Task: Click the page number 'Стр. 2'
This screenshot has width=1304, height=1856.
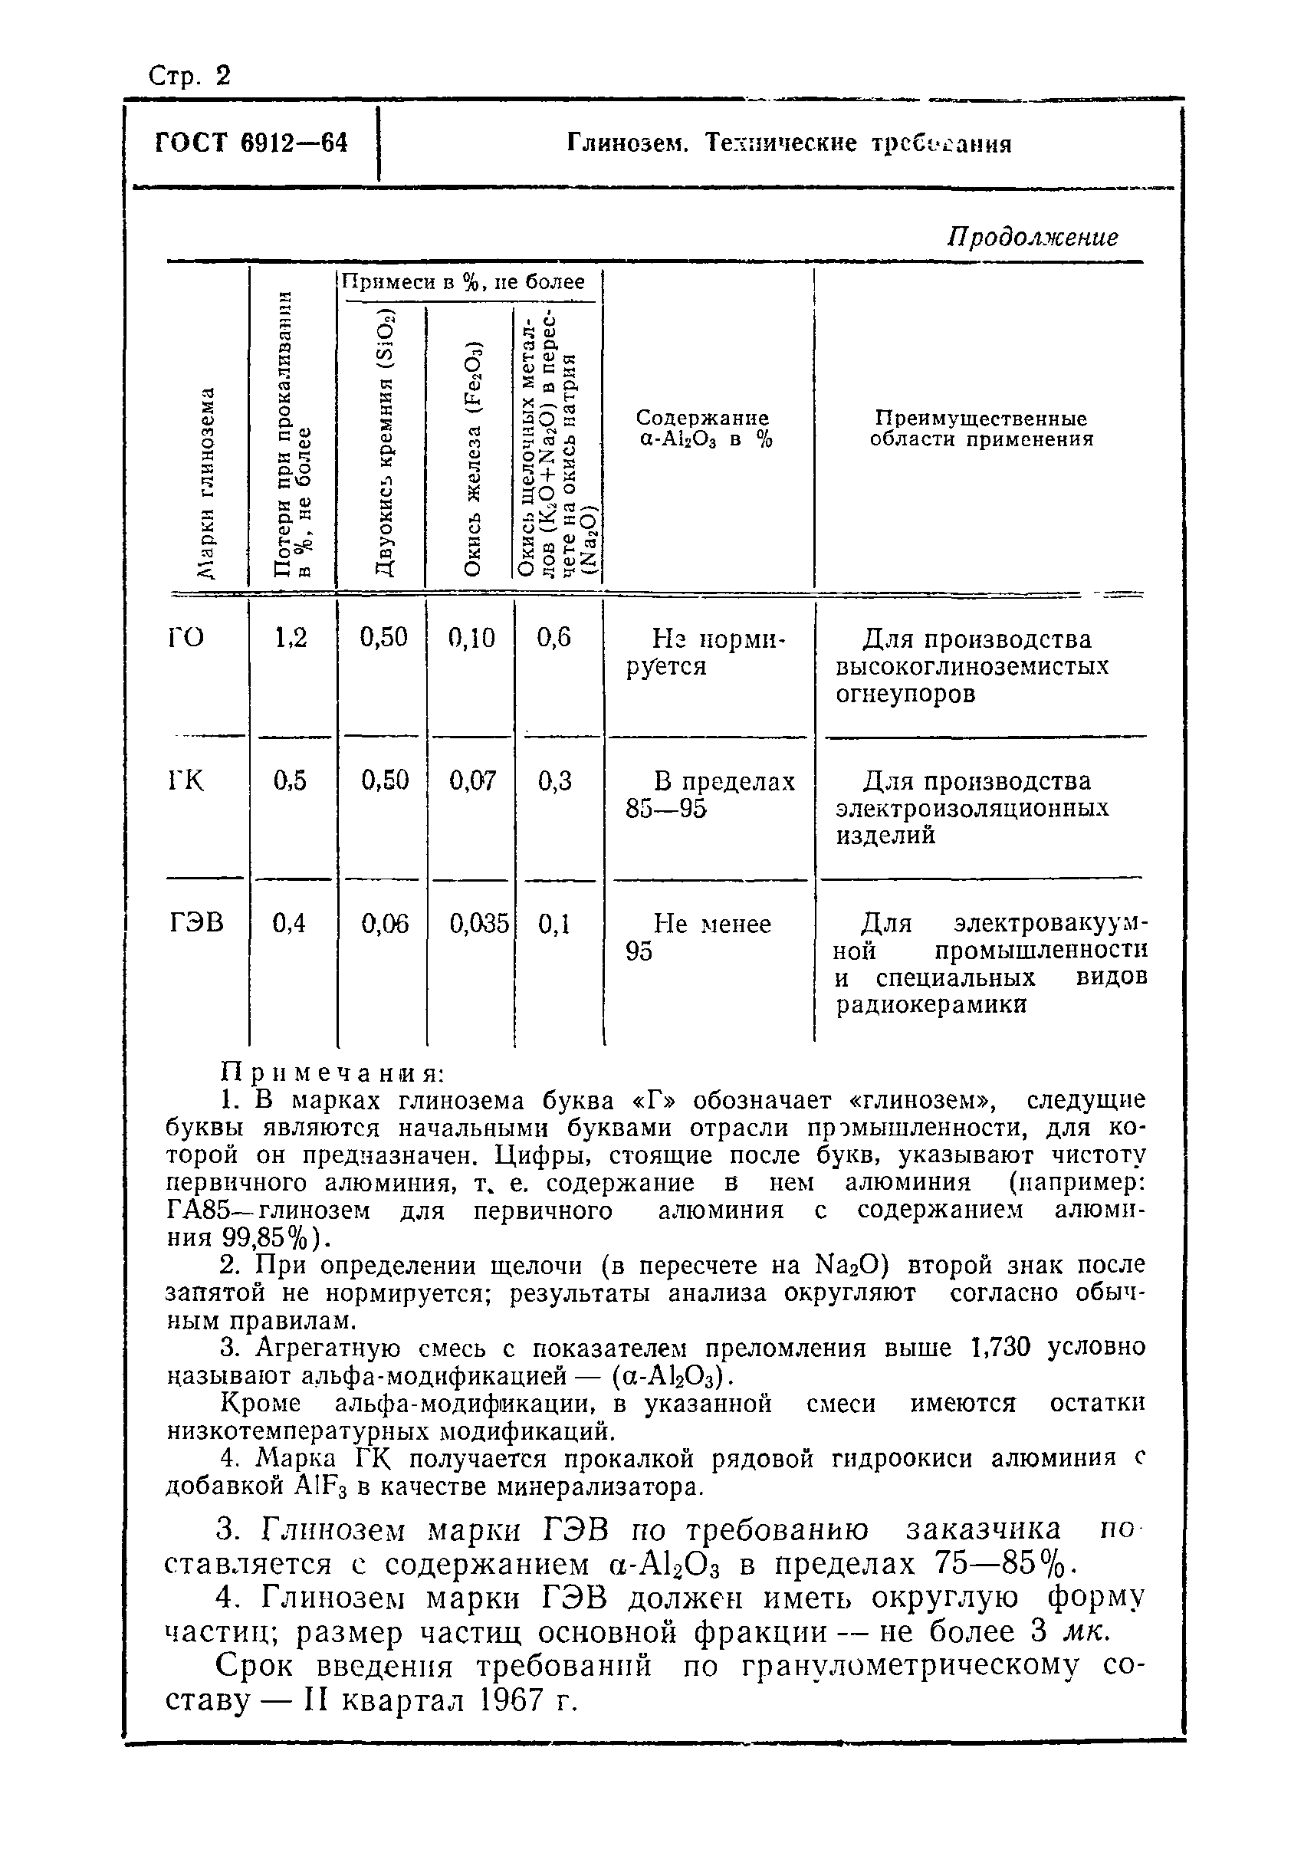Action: click(189, 75)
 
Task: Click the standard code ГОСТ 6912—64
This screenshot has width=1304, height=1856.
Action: click(251, 143)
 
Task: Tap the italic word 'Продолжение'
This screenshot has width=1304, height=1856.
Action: click(1033, 237)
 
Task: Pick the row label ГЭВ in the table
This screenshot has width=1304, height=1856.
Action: click(195, 922)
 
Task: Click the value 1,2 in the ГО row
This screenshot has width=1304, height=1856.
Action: click(291, 638)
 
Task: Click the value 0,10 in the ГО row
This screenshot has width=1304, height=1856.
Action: click(471, 638)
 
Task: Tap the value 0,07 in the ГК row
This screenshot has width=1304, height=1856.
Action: click(471, 780)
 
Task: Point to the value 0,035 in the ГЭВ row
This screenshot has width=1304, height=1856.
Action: click(478, 922)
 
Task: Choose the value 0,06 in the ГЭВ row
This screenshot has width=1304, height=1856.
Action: click(385, 922)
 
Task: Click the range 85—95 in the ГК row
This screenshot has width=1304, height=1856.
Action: click(665, 808)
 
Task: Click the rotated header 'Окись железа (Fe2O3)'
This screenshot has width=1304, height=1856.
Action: click(473, 458)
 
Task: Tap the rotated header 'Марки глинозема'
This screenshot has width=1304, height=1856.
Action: click(208, 483)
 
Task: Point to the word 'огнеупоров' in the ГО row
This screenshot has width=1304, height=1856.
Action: click(905, 694)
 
